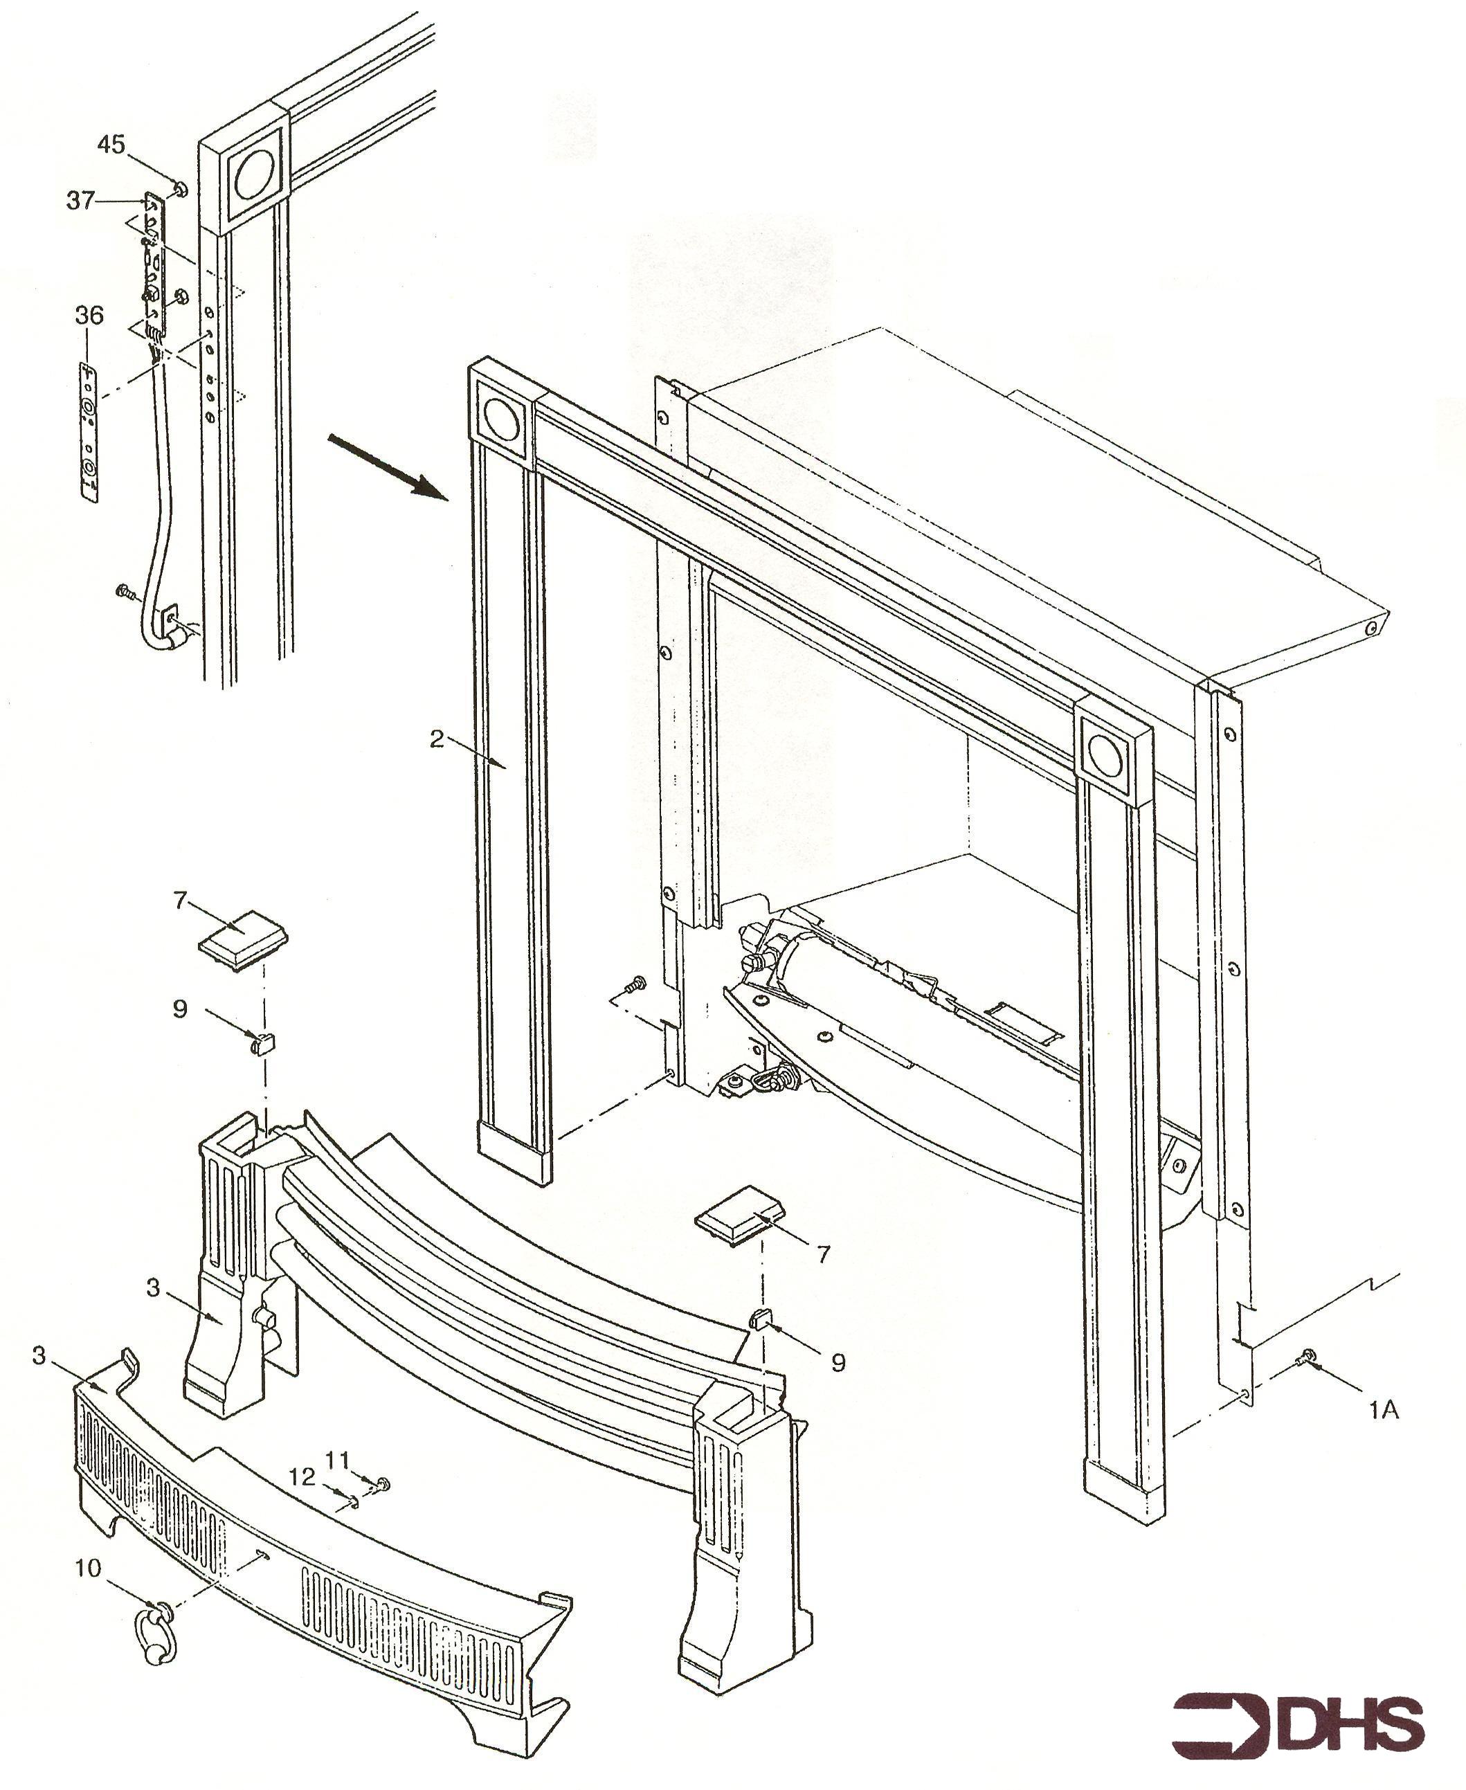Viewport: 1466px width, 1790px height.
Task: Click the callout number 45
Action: [x=111, y=145]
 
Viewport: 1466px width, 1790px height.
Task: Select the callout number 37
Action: [x=81, y=201]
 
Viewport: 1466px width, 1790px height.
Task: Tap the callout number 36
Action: [x=89, y=316]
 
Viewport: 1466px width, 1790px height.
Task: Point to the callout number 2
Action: [x=436, y=740]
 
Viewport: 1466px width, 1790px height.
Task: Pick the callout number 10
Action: [x=88, y=1568]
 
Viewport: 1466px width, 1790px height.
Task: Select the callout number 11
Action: [x=338, y=1459]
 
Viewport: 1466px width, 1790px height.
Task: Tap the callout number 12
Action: [x=302, y=1476]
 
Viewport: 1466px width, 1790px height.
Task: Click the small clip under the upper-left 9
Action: [x=262, y=1044]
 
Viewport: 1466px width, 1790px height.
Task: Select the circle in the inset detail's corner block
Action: [x=254, y=177]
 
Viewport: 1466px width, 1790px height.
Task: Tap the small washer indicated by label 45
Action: [x=180, y=188]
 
